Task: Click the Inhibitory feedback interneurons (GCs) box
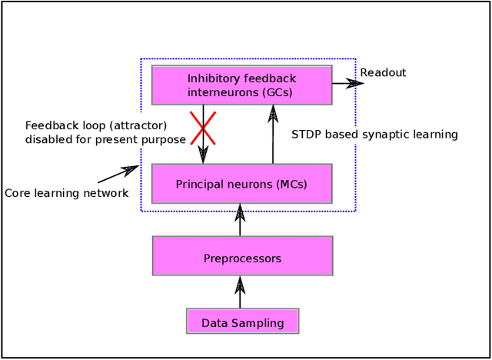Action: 241,85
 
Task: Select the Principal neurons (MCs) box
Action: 241,184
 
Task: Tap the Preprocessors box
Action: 242,256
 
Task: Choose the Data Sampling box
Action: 242,322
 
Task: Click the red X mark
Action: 203,128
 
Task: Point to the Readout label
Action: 383,73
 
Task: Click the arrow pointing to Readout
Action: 347,82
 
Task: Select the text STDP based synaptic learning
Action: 374,135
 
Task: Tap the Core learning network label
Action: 67,193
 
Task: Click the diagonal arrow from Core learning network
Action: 118,175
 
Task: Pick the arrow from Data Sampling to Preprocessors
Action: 240,292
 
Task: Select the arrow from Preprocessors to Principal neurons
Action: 240,220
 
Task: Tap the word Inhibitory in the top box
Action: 214,78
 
